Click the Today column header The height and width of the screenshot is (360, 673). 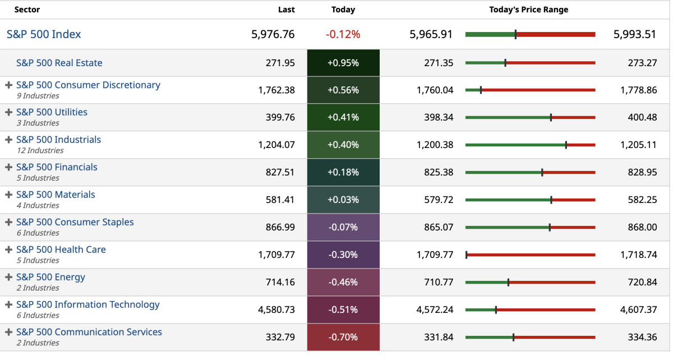[343, 10]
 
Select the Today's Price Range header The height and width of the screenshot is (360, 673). [528, 10]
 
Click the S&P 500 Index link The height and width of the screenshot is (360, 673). [44, 34]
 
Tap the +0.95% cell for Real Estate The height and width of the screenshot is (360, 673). [343, 63]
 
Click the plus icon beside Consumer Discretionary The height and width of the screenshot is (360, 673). [8, 85]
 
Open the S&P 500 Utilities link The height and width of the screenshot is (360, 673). [52, 112]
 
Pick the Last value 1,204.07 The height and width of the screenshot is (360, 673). [276, 145]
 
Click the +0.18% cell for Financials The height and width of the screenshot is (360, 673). [343, 172]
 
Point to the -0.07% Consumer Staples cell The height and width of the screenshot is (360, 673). [343, 227]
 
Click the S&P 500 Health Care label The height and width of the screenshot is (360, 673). [61, 250]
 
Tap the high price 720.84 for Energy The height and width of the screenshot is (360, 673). [642, 282]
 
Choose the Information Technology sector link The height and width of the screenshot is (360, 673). [87, 304]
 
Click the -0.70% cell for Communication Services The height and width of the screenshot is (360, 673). [343, 337]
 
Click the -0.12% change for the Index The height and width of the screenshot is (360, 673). [343, 34]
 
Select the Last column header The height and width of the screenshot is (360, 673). [286, 10]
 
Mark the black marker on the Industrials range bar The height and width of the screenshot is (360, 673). [566, 145]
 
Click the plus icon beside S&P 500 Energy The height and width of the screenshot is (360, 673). [8, 277]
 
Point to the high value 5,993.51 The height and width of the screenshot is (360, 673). [634, 34]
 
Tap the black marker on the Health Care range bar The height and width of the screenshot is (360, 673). [467, 255]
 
